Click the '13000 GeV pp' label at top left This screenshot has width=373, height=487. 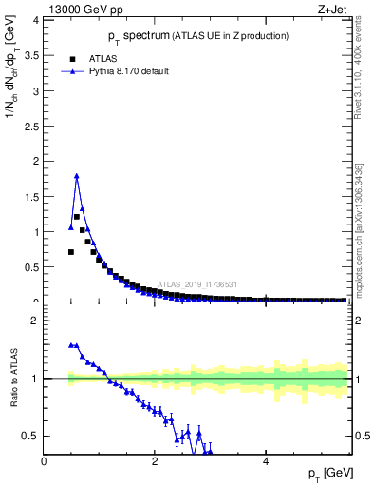pos(78,10)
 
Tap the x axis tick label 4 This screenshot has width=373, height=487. pos(266,461)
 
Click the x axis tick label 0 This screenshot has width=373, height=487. pos(45,461)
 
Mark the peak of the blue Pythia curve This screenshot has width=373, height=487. pos(76,175)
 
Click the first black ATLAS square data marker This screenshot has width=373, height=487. pos(70,252)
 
